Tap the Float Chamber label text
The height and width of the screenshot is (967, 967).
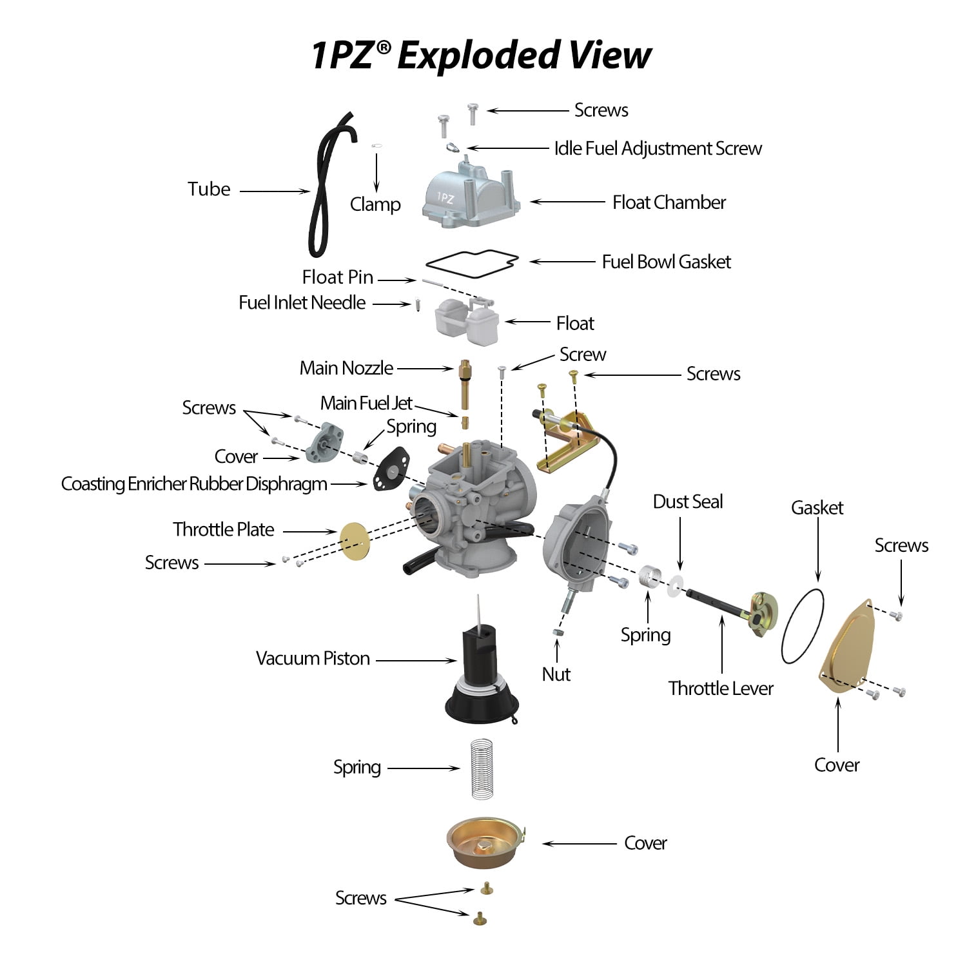point(669,202)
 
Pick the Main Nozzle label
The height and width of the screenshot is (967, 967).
point(346,368)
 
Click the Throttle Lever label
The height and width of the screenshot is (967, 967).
point(721,689)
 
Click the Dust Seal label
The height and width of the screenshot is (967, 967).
point(688,502)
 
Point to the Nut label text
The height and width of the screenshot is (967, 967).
point(556,674)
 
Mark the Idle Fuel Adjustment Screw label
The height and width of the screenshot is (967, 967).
point(658,148)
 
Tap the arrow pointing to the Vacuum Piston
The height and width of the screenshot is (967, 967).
point(416,660)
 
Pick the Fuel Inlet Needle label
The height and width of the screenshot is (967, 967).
point(302,302)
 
